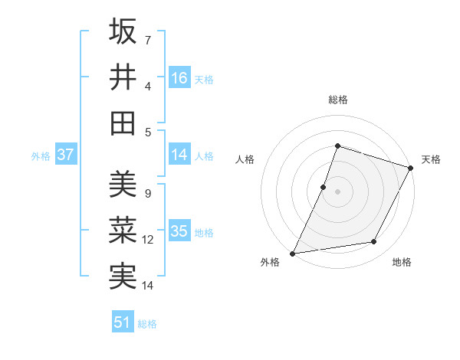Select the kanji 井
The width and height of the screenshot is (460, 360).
click(123, 77)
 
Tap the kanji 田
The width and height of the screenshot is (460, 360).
click(123, 123)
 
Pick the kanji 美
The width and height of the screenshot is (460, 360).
click(123, 185)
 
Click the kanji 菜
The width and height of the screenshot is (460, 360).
click(123, 231)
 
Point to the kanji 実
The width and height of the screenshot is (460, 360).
click(123, 276)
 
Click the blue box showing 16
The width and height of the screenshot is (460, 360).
click(179, 77)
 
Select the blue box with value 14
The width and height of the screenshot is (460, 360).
click(179, 155)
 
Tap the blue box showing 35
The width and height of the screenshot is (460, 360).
click(179, 231)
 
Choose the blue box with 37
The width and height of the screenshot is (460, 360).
click(66, 155)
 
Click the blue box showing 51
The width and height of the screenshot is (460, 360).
click(123, 322)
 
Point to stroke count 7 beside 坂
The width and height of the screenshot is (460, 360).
click(148, 39)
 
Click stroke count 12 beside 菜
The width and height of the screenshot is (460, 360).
click(148, 240)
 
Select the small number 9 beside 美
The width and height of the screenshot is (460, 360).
click(148, 194)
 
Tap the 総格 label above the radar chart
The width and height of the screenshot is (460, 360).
click(338, 100)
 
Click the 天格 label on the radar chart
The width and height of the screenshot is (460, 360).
click(431, 159)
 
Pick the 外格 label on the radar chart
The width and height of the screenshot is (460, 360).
click(271, 263)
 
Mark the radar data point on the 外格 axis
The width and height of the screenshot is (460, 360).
click(292, 254)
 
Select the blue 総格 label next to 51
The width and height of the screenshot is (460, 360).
click(147, 324)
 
